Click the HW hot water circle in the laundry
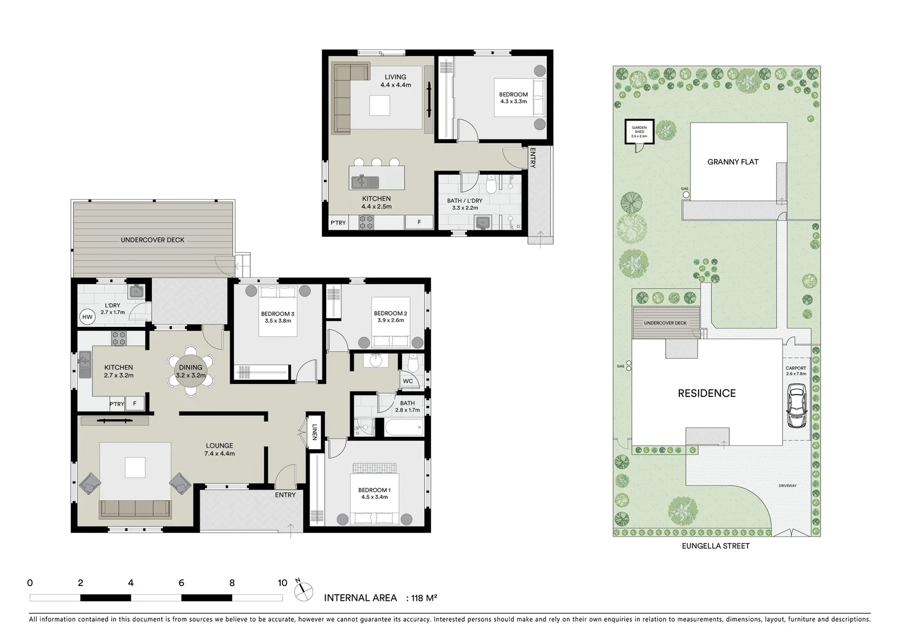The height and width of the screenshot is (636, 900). (x=87, y=317)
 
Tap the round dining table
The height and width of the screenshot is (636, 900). (x=191, y=371)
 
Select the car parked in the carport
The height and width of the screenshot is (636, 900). (x=796, y=405)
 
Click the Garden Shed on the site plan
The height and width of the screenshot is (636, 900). (x=639, y=131)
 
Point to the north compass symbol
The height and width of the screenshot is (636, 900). (x=303, y=591)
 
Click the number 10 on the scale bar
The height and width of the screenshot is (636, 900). (x=283, y=583)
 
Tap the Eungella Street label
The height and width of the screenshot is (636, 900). (x=716, y=546)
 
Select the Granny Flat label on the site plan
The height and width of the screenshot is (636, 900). (x=733, y=162)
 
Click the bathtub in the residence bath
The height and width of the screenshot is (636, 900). (x=404, y=428)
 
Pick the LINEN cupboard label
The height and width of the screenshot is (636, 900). (x=314, y=432)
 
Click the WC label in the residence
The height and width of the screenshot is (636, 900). (x=408, y=381)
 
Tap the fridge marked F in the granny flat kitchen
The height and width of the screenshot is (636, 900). (x=419, y=222)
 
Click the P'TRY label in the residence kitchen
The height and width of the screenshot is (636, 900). (x=117, y=404)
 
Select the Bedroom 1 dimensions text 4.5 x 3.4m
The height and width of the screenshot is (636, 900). (x=374, y=497)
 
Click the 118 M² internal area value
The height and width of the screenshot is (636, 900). (x=424, y=598)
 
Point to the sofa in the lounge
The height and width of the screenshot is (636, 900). (x=135, y=509)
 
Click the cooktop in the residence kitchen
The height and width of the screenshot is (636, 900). (x=118, y=338)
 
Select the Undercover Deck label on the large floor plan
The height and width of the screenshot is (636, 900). (x=152, y=240)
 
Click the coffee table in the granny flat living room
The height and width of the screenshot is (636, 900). (x=380, y=106)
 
